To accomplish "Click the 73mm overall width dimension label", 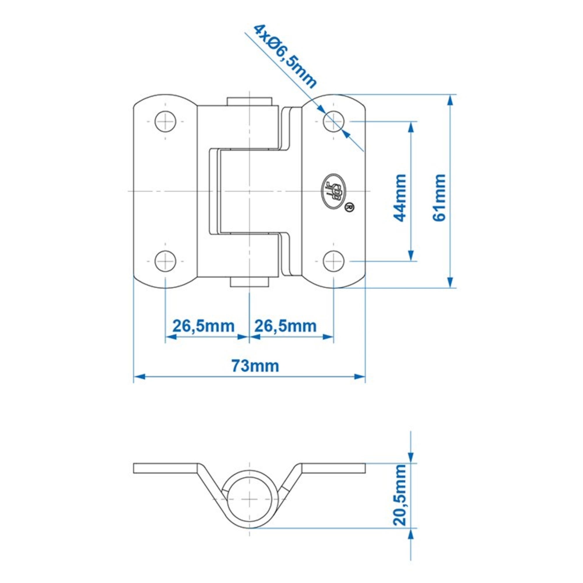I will tap(255, 366).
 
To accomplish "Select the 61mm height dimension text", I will tap(439, 198).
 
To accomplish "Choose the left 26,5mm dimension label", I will tap(203, 326).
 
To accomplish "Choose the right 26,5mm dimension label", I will tap(285, 326).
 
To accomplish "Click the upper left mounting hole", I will tap(165, 122).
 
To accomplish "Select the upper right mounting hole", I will tap(333, 122).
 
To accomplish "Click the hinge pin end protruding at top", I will tap(250, 101).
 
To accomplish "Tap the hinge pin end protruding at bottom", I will tap(249, 282).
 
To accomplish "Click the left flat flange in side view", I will tap(164, 468).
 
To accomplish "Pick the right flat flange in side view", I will tap(333, 468).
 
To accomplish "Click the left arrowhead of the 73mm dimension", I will tap(139, 377).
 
